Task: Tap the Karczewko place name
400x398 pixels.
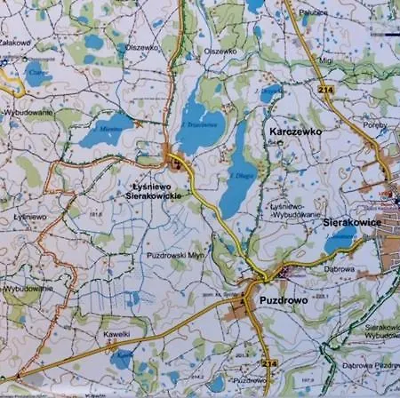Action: click(294, 131)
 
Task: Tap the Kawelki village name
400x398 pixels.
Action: click(116, 334)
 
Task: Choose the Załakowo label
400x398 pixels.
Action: click(16, 41)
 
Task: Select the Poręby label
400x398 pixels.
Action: click(375, 125)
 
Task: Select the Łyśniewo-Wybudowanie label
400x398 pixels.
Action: click(290, 210)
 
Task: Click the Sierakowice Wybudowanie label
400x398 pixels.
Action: click(381, 330)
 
